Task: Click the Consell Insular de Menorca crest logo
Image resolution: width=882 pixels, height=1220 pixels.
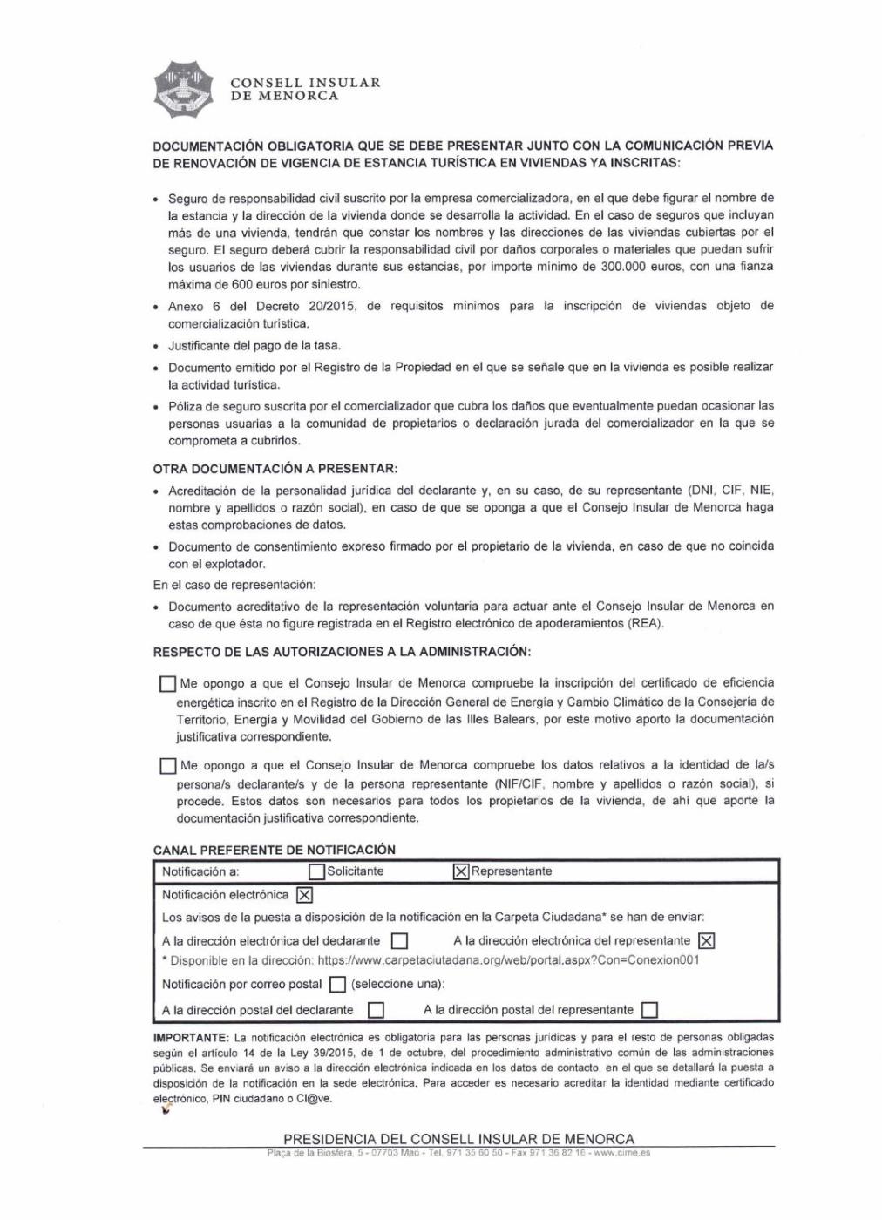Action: click(184, 89)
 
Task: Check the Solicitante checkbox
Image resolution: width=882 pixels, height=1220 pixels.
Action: click(317, 871)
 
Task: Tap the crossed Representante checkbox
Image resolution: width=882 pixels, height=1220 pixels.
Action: click(461, 871)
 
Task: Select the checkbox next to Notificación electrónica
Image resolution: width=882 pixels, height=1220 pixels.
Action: click(304, 895)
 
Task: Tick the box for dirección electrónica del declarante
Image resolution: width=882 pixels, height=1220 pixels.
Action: click(399, 941)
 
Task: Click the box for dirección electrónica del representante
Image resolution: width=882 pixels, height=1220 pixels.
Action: click(707, 941)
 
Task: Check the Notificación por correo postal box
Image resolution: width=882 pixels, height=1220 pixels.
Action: click(337, 985)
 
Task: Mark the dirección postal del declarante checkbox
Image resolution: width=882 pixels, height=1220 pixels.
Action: click(377, 1010)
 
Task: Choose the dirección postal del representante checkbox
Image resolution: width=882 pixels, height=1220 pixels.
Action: click(649, 1010)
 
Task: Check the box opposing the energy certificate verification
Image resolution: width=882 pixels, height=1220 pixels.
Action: click(167, 684)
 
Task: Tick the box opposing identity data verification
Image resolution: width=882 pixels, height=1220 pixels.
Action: click(167, 766)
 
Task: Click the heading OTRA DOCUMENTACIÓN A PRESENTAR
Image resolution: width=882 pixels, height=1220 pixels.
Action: click(275, 469)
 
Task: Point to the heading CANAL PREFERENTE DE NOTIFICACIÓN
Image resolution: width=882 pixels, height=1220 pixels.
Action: click(275, 850)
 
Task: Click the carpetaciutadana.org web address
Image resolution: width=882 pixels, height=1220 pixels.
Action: click(508, 960)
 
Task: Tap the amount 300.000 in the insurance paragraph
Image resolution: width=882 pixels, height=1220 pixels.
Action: click(622, 267)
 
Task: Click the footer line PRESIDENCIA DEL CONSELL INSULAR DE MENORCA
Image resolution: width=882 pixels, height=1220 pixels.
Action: click(459, 1139)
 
